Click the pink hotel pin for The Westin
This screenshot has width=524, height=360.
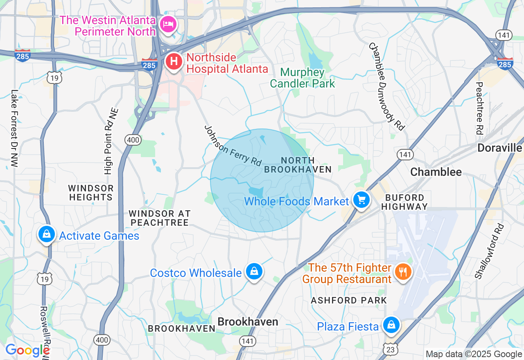pyautogui.click(x=168, y=24)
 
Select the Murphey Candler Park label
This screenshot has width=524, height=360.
pyautogui.click(x=303, y=78)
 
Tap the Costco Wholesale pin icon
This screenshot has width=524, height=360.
pyautogui.click(x=254, y=272)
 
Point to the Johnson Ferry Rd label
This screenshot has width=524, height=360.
pyautogui.click(x=233, y=146)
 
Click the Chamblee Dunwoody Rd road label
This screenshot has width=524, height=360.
pyautogui.click(x=386, y=86)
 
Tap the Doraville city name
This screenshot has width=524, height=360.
pyautogui.click(x=499, y=148)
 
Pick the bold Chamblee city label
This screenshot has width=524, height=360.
pyautogui.click(x=436, y=172)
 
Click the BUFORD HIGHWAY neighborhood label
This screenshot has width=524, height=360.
pyautogui.click(x=404, y=202)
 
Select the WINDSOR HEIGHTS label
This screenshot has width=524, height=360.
pyautogui.click(x=91, y=193)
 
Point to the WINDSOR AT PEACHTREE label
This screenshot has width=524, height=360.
pyautogui.click(x=160, y=218)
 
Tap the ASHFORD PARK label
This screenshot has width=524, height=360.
pyautogui.click(x=349, y=300)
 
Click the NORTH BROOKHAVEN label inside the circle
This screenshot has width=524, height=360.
pyautogui.click(x=297, y=165)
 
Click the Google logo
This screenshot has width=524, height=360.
pyautogui.click(x=27, y=351)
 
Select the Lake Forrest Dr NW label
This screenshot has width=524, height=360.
pyautogui.click(x=15, y=128)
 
